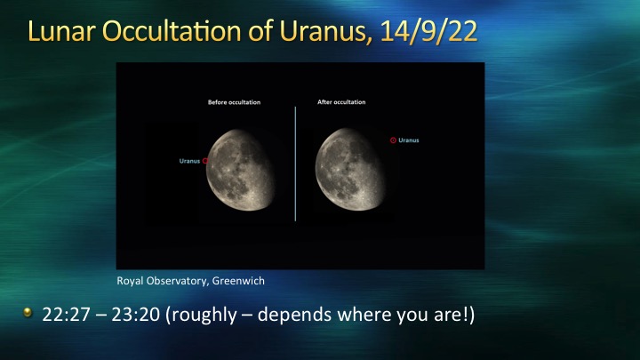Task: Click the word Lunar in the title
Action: pyautogui.click(x=61, y=31)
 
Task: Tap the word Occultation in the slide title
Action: pyautogui.click(x=172, y=31)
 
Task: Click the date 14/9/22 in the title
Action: pyautogui.click(x=428, y=31)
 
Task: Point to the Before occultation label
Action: pyautogui.click(x=235, y=102)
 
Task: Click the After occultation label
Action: pyautogui.click(x=341, y=102)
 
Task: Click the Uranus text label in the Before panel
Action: pyautogui.click(x=190, y=161)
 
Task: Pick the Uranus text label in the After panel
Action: pyautogui.click(x=409, y=140)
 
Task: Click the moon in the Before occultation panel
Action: pyautogui.click(x=240, y=170)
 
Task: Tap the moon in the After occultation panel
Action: pyautogui.click(x=350, y=170)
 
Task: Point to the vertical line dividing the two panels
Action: pyautogui.click(x=295, y=164)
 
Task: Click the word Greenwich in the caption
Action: pyautogui.click(x=238, y=281)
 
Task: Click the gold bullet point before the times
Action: pyautogui.click(x=28, y=312)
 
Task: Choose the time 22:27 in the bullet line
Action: pyautogui.click(x=66, y=315)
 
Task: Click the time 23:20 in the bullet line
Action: pyautogui.click(x=135, y=315)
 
